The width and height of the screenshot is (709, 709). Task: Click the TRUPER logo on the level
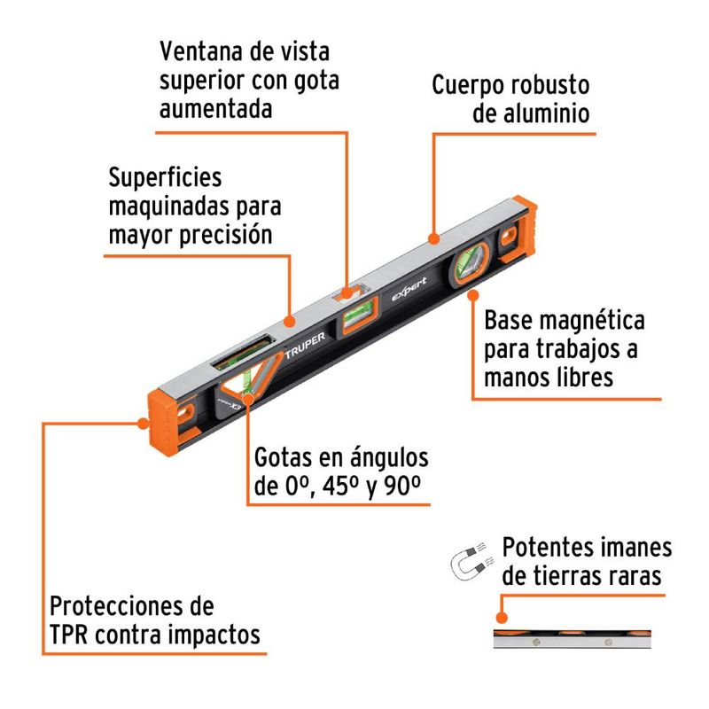[305, 346]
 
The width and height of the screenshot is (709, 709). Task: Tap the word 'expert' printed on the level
[409, 290]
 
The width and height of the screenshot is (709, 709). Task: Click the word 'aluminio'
[531, 113]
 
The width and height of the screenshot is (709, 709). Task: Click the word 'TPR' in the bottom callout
[68, 634]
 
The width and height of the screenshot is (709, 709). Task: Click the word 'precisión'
[226, 236]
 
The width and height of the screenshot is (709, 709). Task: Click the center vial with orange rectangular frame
[359, 315]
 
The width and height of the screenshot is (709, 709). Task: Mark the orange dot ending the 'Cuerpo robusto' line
[433, 238]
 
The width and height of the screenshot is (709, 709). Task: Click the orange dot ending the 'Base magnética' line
[473, 296]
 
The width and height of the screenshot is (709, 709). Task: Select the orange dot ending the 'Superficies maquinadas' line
[290, 322]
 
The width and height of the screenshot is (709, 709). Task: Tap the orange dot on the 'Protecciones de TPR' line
[143, 424]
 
